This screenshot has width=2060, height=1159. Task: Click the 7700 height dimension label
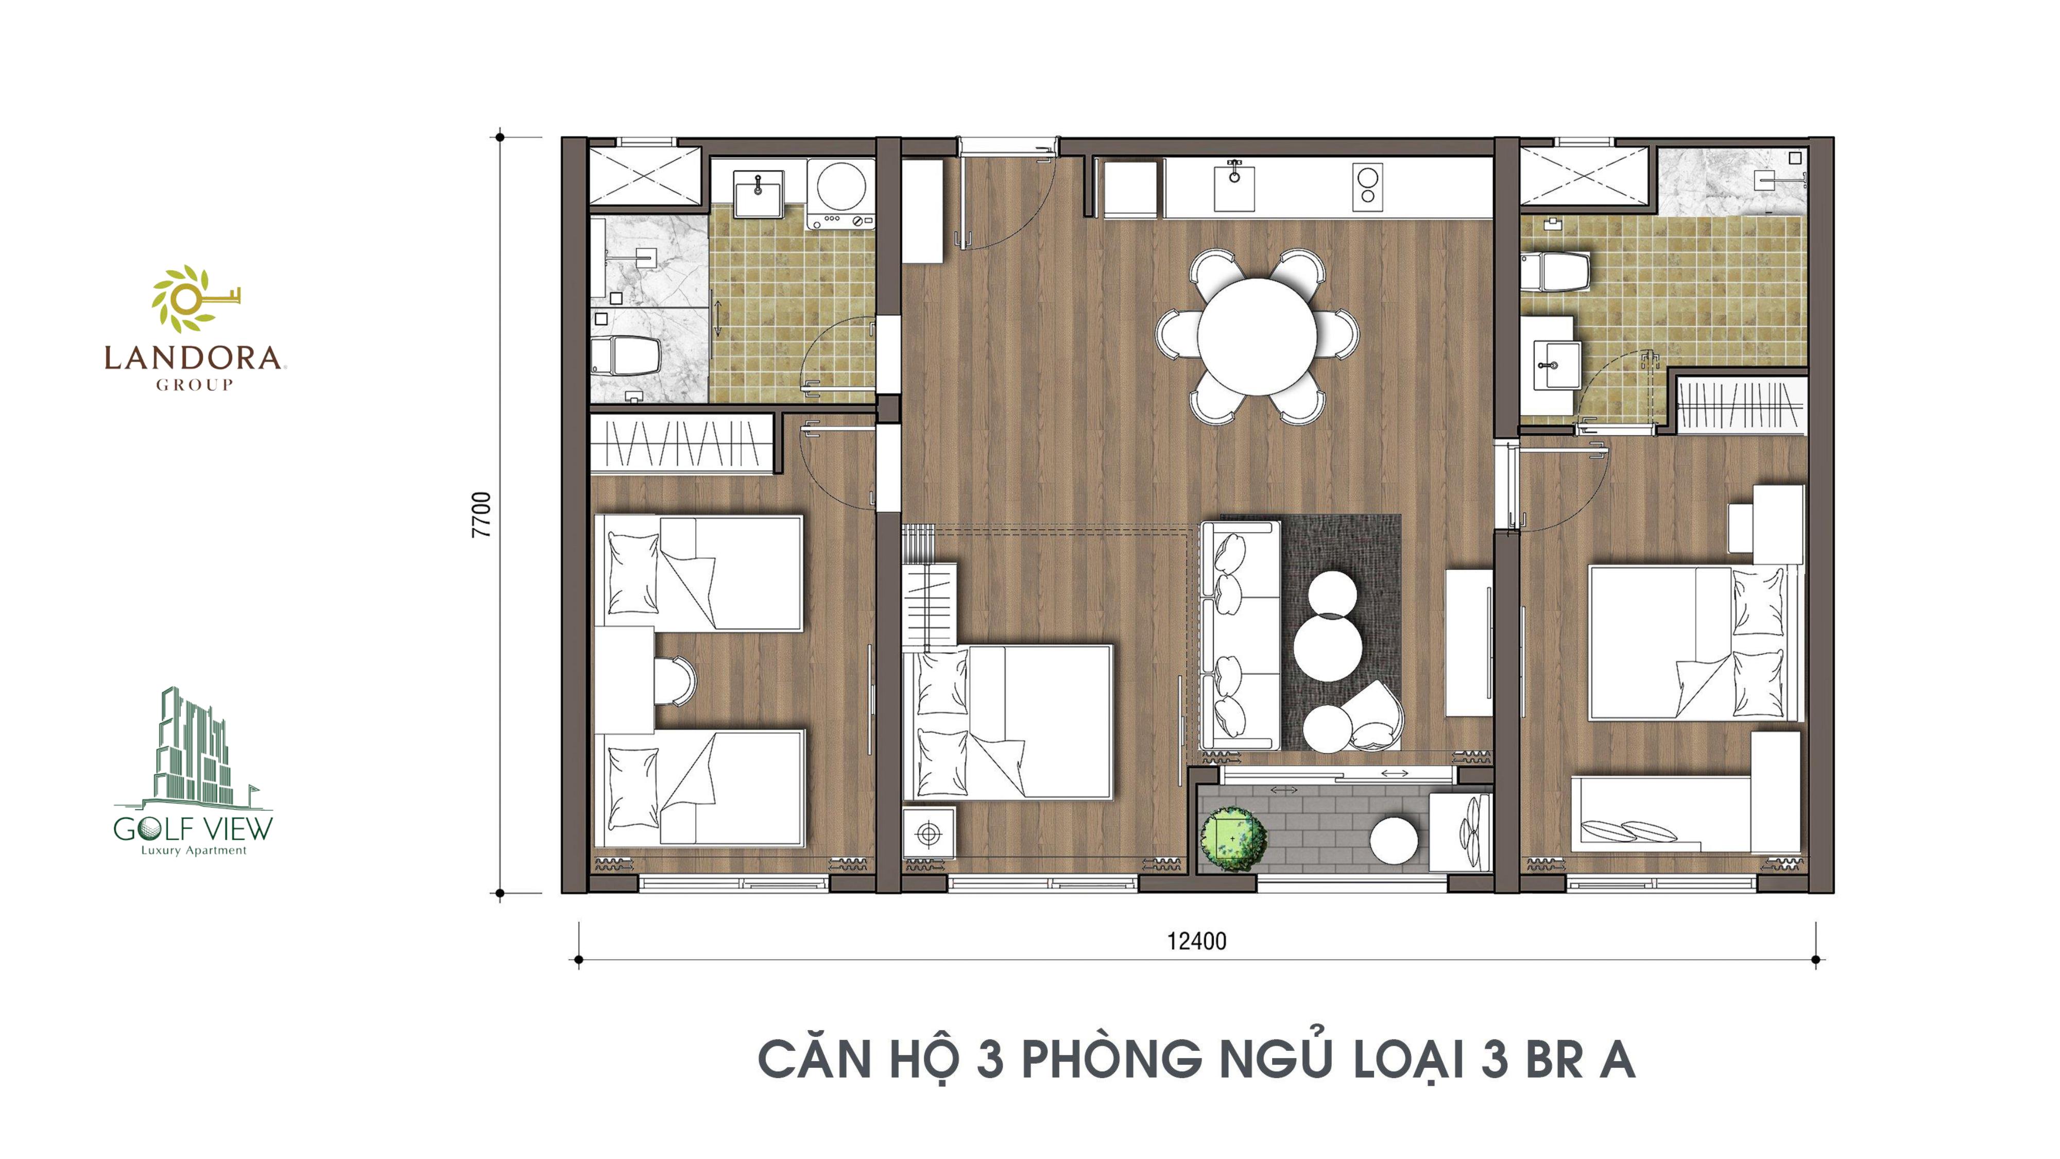482,514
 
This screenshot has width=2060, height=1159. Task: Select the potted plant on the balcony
1232,839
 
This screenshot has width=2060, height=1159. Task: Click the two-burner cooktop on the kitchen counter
1367,187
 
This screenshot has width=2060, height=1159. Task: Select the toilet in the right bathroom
1555,272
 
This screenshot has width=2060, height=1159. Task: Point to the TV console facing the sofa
1469,642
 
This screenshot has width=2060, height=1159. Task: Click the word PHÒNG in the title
1111,1059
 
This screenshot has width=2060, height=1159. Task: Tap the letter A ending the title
1616,1059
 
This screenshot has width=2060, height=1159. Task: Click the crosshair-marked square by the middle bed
929,834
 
